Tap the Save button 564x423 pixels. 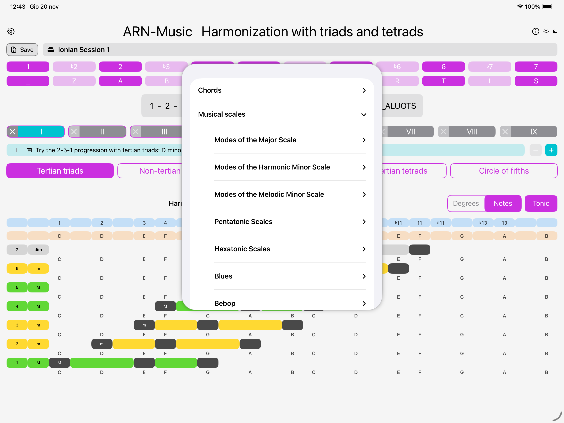(22, 50)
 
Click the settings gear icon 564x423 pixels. (11, 31)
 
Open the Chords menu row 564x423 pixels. (282, 90)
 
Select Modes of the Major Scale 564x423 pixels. (290, 140)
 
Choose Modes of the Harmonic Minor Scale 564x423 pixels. (290, 167)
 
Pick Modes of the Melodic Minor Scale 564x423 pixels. (290, 194)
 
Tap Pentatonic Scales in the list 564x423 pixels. (290, 222)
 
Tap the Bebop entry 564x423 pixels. (290, 303)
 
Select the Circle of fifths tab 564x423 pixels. (504, 171)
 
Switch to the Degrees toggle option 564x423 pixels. (466, 204)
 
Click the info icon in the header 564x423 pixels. (536, 31)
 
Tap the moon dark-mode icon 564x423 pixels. (555, 31)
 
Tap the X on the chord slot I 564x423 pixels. (13, 132)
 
